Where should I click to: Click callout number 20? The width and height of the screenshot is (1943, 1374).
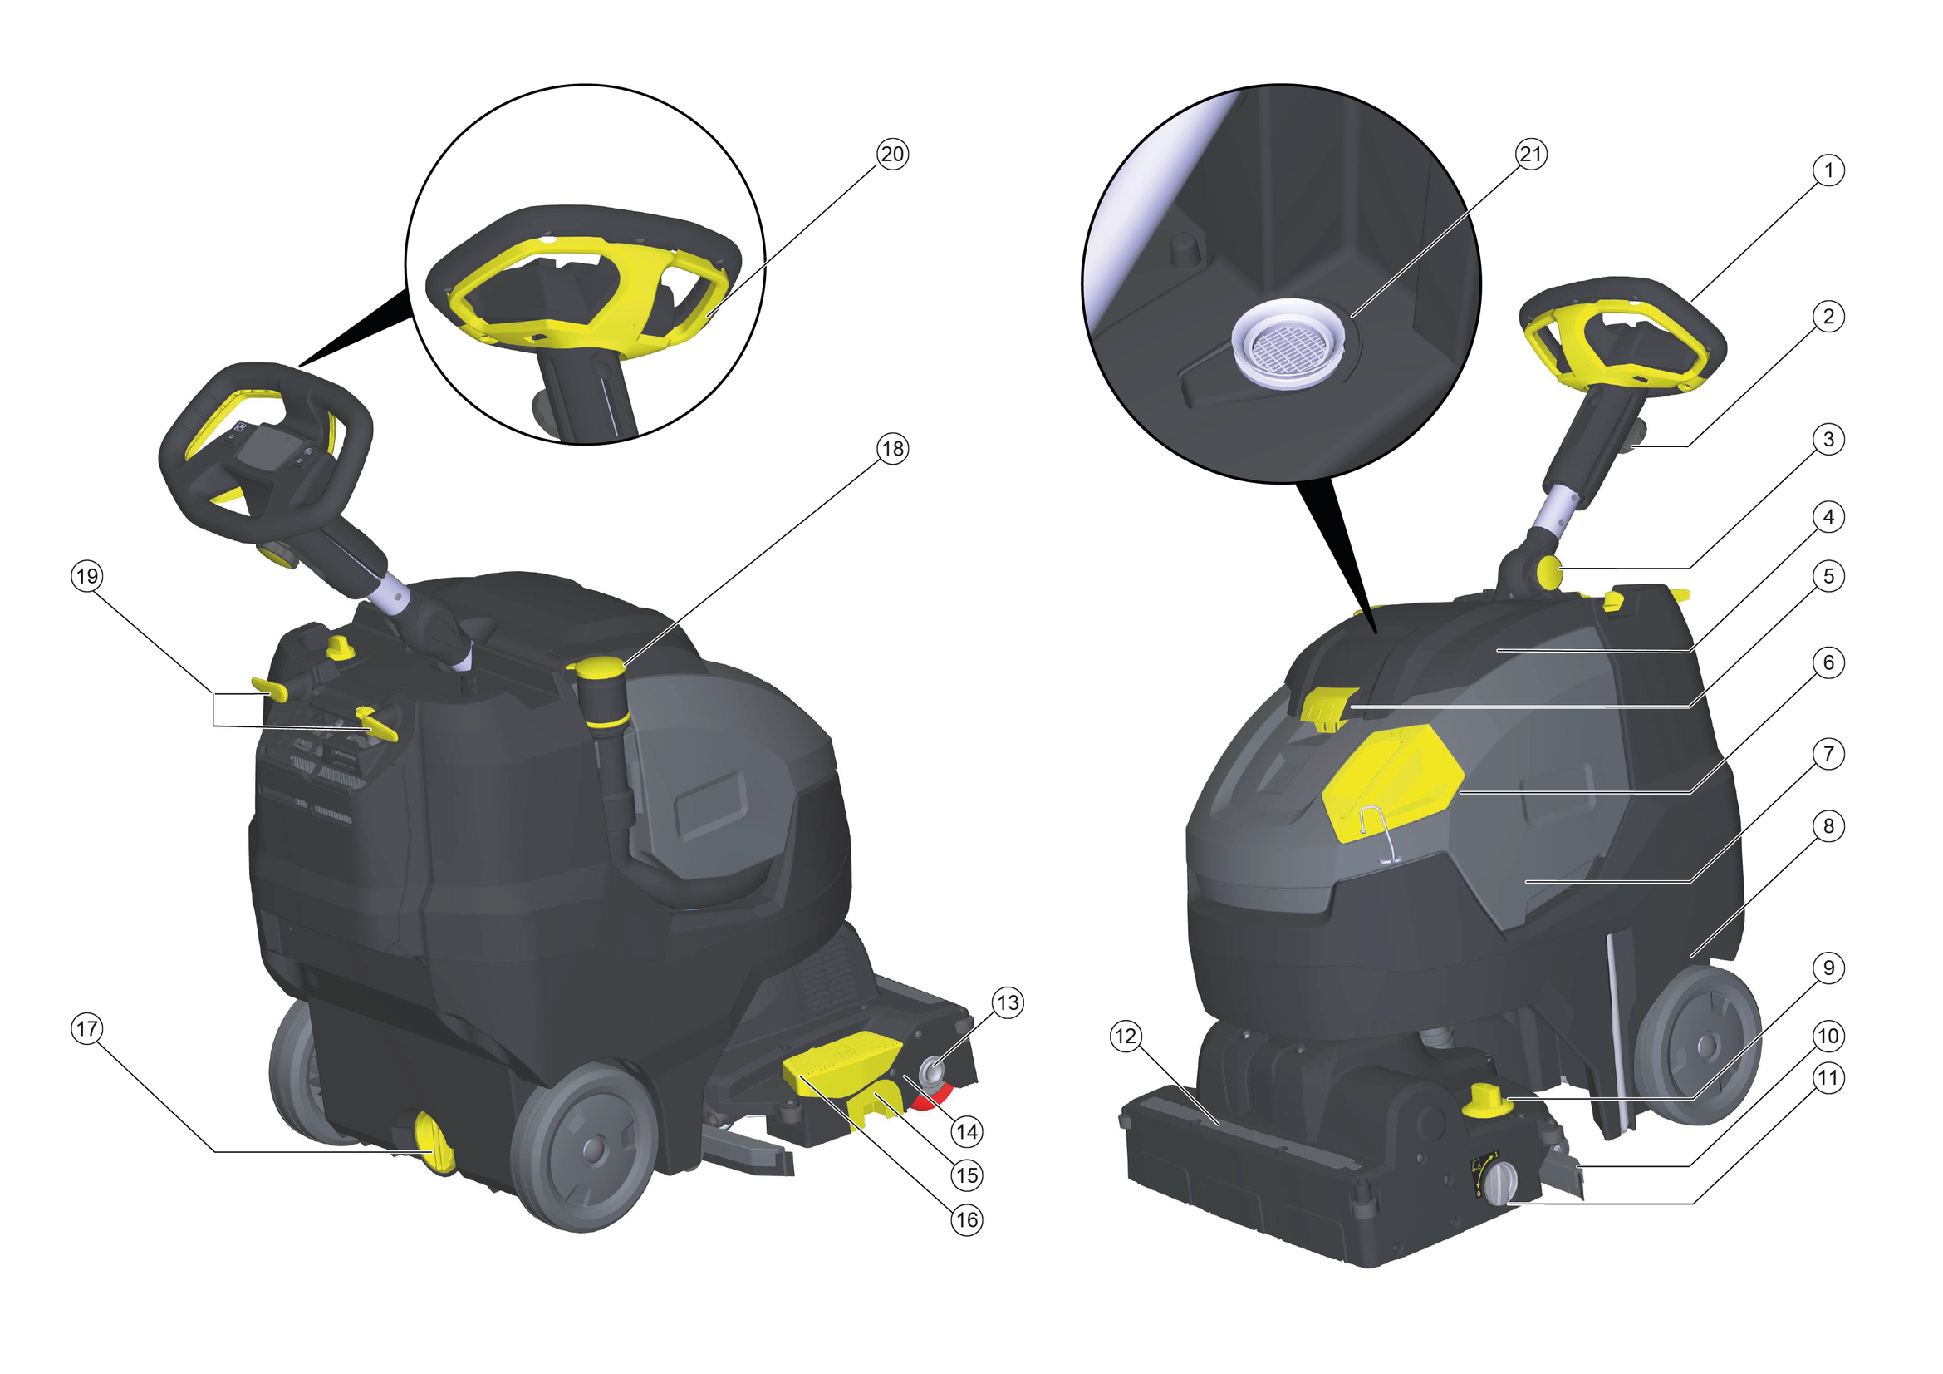pyautogui.click(x=893, y=155)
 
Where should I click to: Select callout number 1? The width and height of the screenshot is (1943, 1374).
pyautogui.click(x=1828, y=171)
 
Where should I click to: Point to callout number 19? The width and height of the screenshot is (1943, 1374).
pyautogui.click(x=87, y=578)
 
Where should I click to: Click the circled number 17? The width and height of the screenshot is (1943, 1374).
pyautogui.click(x=87, y=1029)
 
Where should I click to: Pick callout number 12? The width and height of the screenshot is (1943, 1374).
pyautogui.click(x=1126, y=1037)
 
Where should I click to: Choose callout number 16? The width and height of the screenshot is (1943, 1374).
pyautogui.click(x=967, y=1220)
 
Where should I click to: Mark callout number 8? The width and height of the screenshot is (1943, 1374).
pyautogui.click(x=1828, y=826)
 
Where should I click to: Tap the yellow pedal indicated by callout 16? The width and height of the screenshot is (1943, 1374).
pyautogui.click(x=842, y=1068)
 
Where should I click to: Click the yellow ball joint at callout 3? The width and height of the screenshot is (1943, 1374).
pyautogui.click(x=1550, y=572)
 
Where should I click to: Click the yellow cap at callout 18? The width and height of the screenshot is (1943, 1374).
pyautogui.click(x=600, y=669)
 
